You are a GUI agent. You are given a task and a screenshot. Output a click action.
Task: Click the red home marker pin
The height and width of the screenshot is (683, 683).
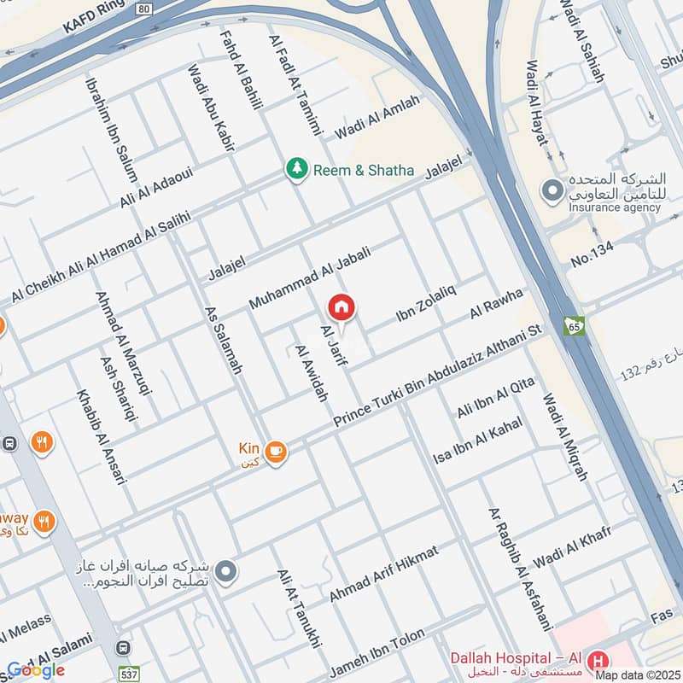coord(341,307)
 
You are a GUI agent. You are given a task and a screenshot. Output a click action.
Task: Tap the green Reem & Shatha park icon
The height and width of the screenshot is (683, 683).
coord(296,169)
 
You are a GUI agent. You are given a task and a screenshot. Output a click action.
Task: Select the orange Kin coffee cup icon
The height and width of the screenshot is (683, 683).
coord(275,452)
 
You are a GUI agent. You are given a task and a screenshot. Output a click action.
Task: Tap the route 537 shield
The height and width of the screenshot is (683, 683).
coord(128,672)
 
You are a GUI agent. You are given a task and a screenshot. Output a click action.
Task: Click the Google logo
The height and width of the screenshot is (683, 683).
coord(36,670)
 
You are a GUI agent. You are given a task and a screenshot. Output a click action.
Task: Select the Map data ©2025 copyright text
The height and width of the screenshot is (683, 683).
coord(636,674)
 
